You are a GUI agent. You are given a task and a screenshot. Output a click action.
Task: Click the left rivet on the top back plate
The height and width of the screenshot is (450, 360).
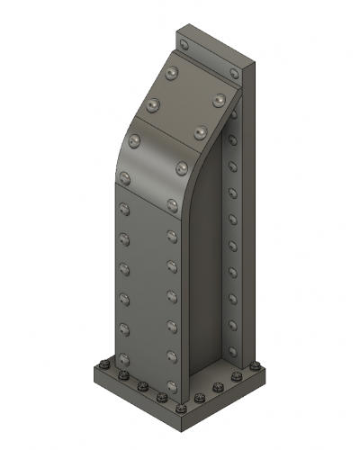point(184,43)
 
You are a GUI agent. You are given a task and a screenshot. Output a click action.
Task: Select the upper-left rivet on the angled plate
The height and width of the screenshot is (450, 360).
point(174,70)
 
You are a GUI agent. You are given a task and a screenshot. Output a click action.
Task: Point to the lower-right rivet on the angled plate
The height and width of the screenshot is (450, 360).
point(200,133)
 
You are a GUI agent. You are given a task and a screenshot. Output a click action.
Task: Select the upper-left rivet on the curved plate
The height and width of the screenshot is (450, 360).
point(136,140)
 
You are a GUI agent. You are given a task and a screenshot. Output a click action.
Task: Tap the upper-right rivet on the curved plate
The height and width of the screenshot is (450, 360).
point(183,167)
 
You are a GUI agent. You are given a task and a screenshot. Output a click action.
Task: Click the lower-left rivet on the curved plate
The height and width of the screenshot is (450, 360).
point(124,176)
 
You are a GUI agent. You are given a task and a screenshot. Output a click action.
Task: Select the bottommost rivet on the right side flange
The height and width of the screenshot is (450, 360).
point(232,350)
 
